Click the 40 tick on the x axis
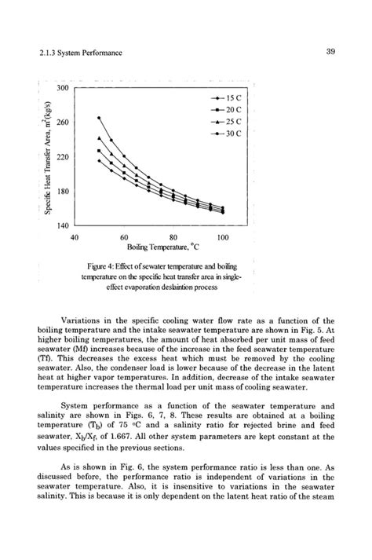click(x=75, y=236)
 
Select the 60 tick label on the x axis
click(x=124, y=236)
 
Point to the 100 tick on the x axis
click(x=223, y=236)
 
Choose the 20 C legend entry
click(x=224, y=110)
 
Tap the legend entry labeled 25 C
click(x=224, y=123)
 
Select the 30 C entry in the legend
click(x=224, y=135)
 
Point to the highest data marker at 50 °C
click(x=99, y=118)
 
